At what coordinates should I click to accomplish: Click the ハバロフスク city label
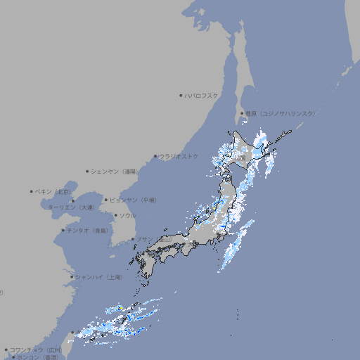tap(202, 95)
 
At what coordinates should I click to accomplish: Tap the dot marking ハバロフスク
tap(181, 95)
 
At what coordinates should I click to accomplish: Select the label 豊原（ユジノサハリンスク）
tap(280, 113)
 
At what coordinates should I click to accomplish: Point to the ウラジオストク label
tap(179, 156)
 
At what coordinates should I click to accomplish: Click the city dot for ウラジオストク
tap(156, 156)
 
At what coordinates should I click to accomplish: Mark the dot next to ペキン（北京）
tap(32, 191)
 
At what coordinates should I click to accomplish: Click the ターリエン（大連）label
tap(70, 207)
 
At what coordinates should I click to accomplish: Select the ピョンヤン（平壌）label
tap(134, 200)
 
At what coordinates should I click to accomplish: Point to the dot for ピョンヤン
tap(107, 200)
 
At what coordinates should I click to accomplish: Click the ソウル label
tap(127, 215)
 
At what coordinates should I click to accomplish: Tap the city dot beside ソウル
tap(115, 215)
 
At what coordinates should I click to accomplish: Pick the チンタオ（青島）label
tap(87, 231)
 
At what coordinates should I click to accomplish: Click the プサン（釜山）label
tap(154, 240)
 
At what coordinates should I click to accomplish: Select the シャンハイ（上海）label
tap(98, 277)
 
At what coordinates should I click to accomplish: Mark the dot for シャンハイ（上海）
tap(72, 277)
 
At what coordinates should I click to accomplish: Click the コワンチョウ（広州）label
tap(35, 349)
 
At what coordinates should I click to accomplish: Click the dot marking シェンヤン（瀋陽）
tap(88, 171)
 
